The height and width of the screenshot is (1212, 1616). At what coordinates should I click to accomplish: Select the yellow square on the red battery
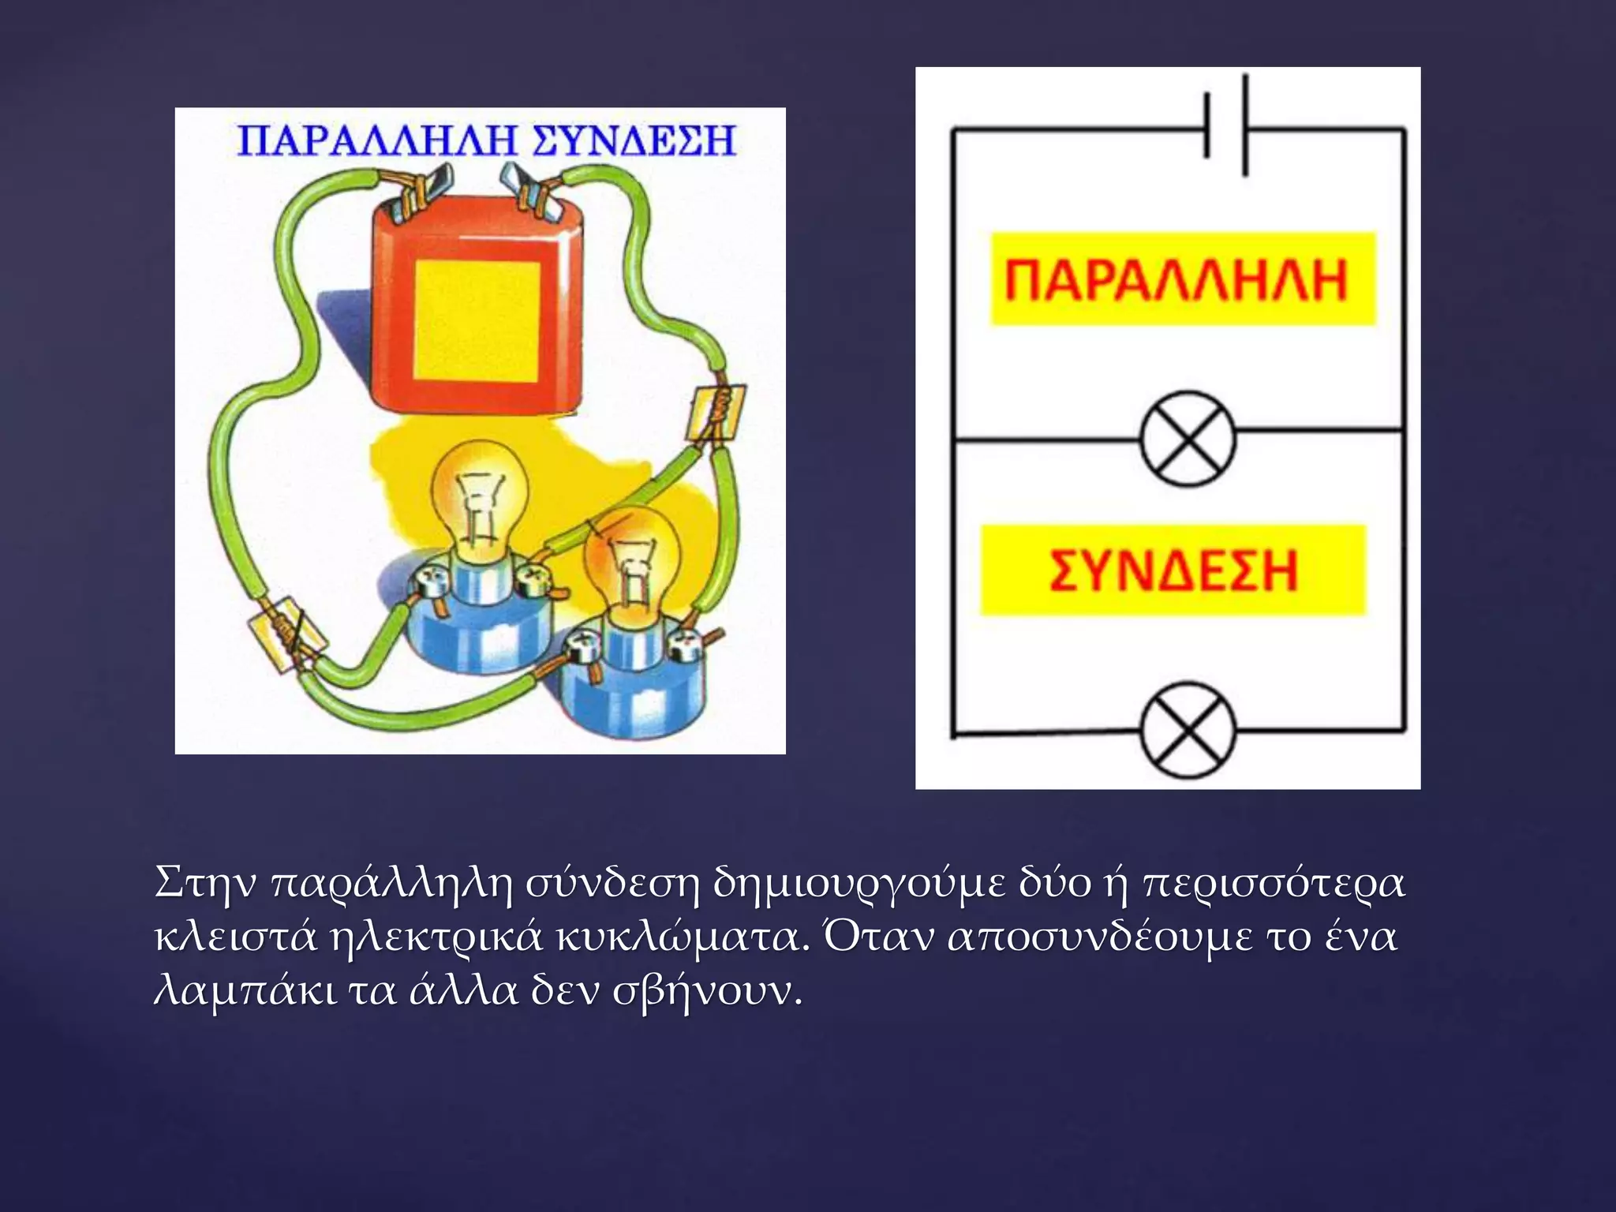[x=477, y=320]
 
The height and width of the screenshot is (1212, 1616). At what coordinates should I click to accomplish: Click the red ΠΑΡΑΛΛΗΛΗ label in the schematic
[x=1176, y=279]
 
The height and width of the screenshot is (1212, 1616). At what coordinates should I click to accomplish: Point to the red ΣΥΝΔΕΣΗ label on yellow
[x=1173, y=570]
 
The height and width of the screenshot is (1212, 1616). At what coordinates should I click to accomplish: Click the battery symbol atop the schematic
[x=1225, y=126]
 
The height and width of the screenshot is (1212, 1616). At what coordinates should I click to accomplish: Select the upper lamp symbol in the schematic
[x=1188, y=439]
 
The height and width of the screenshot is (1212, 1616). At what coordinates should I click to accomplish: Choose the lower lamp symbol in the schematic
[x=1188, y=729]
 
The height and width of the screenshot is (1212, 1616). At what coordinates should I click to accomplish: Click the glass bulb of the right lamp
[x=631, y=552]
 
